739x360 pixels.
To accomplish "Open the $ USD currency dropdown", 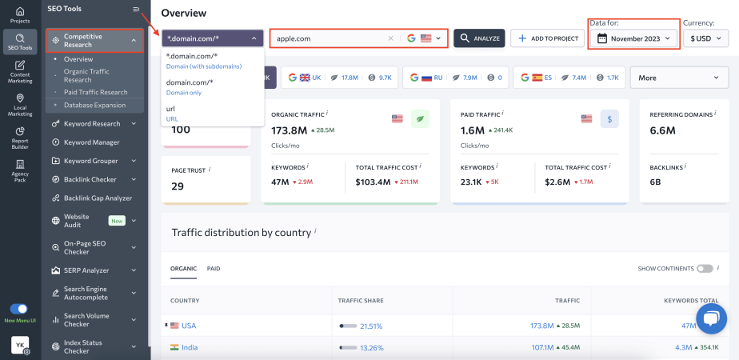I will (705, 38).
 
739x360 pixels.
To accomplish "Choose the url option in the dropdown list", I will (171, 113).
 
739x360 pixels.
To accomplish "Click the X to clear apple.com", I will (390, 38).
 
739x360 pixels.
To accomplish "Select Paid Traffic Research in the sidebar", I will (95, 92).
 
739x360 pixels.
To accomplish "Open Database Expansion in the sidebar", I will (94, 105).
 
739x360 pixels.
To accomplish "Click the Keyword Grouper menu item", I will (91, 161).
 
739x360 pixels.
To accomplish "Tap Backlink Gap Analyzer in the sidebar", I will (98, 198).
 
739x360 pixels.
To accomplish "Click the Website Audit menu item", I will (77, 220).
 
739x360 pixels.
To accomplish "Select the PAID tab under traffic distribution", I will (214, 269).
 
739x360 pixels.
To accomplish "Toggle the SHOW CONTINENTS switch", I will (705, 269).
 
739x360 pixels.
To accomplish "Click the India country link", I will (190, 347).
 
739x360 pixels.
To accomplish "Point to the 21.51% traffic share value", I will (371, 326).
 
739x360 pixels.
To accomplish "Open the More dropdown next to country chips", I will (679, 78).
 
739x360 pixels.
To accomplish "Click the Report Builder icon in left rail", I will (20, 138).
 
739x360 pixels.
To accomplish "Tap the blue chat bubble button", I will (710, 318).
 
